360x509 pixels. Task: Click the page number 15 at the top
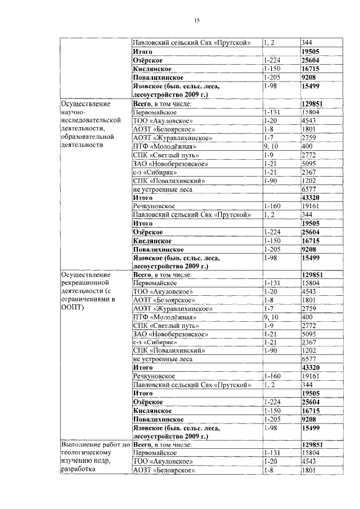pos(197,21)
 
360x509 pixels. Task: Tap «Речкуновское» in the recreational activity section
pos(154,376)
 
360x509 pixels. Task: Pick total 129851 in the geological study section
pos(315,444)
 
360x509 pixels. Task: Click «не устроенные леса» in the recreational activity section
pos(163,359)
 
